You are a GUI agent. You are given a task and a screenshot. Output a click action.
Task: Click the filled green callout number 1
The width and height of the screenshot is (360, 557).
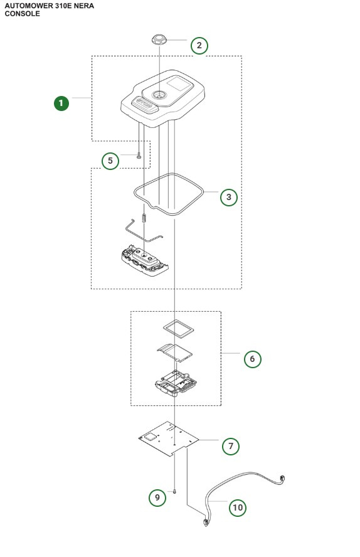pos(61,103)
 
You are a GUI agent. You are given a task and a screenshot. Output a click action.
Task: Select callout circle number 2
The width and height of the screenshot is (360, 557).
pos(199,45)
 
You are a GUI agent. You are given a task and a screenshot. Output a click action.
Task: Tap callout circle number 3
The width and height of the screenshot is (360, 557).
pos(229,196)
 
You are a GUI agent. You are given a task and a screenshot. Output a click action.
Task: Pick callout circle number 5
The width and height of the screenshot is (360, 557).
pos(110,161)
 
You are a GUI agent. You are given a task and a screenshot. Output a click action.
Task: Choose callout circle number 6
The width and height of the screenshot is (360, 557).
pos(252,359)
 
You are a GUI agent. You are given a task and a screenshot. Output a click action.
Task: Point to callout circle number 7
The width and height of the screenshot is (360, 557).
pos(231,446)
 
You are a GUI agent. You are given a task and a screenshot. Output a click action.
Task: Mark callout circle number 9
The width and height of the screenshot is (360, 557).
pos(157,498)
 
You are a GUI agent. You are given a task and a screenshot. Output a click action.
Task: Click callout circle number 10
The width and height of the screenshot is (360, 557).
pos(237,507)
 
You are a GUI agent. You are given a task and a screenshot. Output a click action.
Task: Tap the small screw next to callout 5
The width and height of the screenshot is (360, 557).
pos(139,156)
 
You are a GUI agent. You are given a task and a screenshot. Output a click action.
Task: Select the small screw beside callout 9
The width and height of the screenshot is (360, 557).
pos(175,492)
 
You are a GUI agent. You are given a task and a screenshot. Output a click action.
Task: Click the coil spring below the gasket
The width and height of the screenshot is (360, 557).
pos(144,218)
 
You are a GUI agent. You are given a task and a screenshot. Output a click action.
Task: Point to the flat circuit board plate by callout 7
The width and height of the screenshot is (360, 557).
pos(167,439)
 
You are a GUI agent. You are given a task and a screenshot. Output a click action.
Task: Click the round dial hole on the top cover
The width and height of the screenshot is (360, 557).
pos(159,94)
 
